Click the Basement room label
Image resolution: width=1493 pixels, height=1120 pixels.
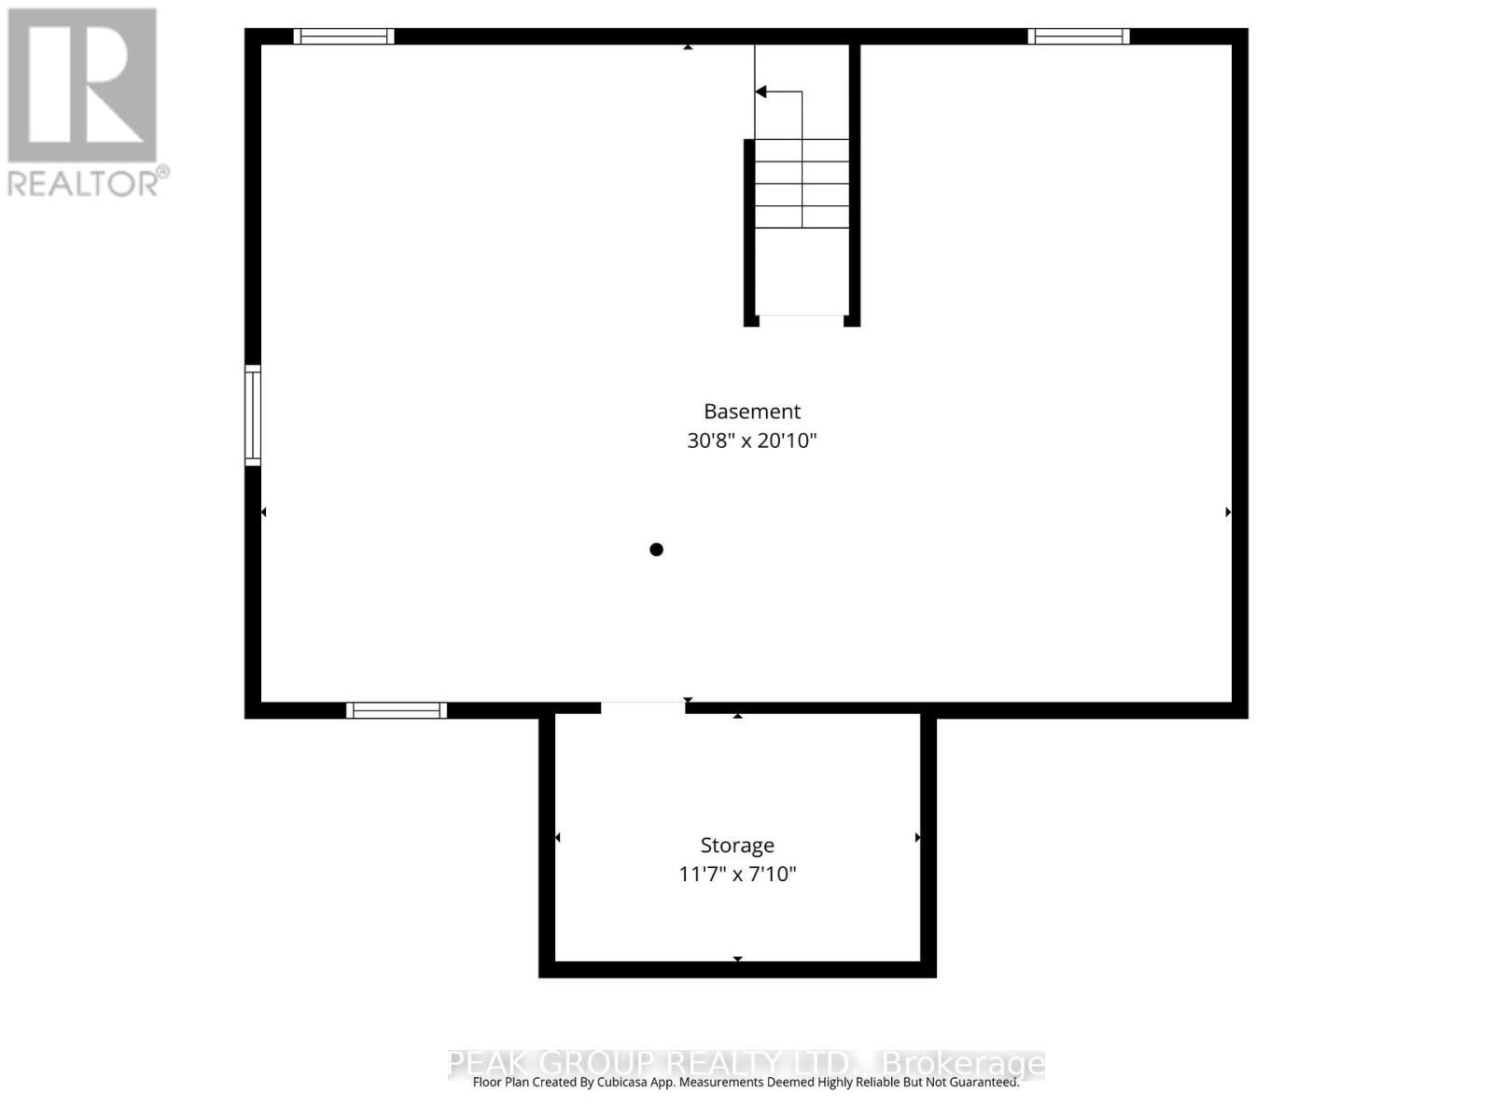(751, 412)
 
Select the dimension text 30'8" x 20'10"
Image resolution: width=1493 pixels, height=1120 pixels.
(751, 441)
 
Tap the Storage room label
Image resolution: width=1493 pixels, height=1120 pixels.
(737, 846)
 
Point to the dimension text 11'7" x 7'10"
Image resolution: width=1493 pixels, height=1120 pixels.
(737, 875)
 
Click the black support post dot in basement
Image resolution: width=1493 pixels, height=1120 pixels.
(656, 550)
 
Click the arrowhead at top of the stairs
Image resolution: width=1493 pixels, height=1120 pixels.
(761, 91)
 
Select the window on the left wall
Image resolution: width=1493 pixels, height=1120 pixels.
(253, 415)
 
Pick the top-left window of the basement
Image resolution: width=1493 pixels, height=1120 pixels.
(343, 36)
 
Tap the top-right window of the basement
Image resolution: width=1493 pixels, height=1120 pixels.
(1078, 36)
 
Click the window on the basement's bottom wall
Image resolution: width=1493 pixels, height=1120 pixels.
(397, 710)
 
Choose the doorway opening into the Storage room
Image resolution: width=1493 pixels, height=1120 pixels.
(642, 707)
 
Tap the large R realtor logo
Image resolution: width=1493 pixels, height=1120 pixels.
(82, 86)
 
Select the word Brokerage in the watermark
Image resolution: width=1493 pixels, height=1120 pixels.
(963, 1064)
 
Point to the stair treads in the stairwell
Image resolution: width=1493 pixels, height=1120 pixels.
(802, 184)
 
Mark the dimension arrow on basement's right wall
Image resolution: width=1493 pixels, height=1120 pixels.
(1228, 512)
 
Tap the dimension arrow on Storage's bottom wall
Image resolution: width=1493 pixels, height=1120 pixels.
(737, 959)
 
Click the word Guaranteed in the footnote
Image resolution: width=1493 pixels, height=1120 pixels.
(984, 1083)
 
